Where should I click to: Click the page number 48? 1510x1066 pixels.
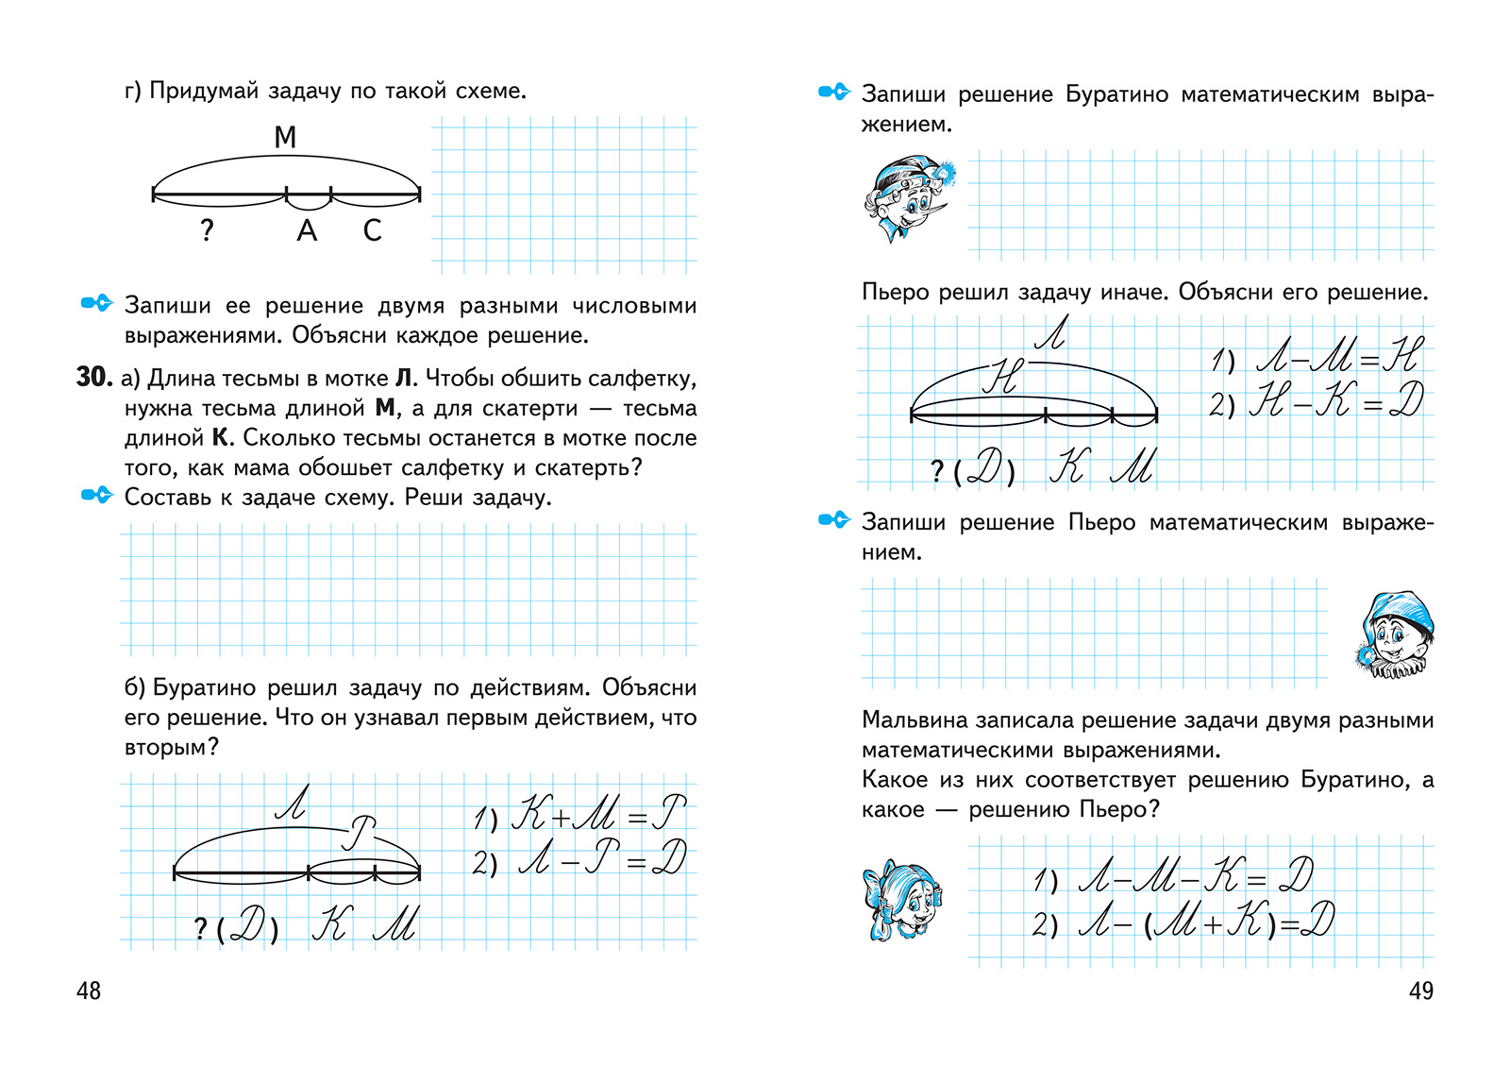pos(89,990)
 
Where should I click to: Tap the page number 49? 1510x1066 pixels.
pos(1421,990)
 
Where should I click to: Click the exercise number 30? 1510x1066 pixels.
pos(93,377)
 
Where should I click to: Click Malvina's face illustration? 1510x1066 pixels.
pos(902,900)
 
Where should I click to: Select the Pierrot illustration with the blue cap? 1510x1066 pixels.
pos(1394,635)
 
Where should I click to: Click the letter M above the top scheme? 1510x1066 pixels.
pos(285,137)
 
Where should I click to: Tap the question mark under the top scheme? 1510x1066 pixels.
pos(207,230)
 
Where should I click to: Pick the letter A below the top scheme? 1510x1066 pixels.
pos(307,230)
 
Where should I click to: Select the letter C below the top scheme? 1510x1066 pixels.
pos(372,230)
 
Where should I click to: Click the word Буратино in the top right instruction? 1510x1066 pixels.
pos(1116,93)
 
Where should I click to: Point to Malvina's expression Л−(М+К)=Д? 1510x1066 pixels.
pos(1183,921)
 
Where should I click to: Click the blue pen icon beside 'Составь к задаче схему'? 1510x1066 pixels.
pos(97,496)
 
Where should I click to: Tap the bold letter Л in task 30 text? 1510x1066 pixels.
pos(403,379)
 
